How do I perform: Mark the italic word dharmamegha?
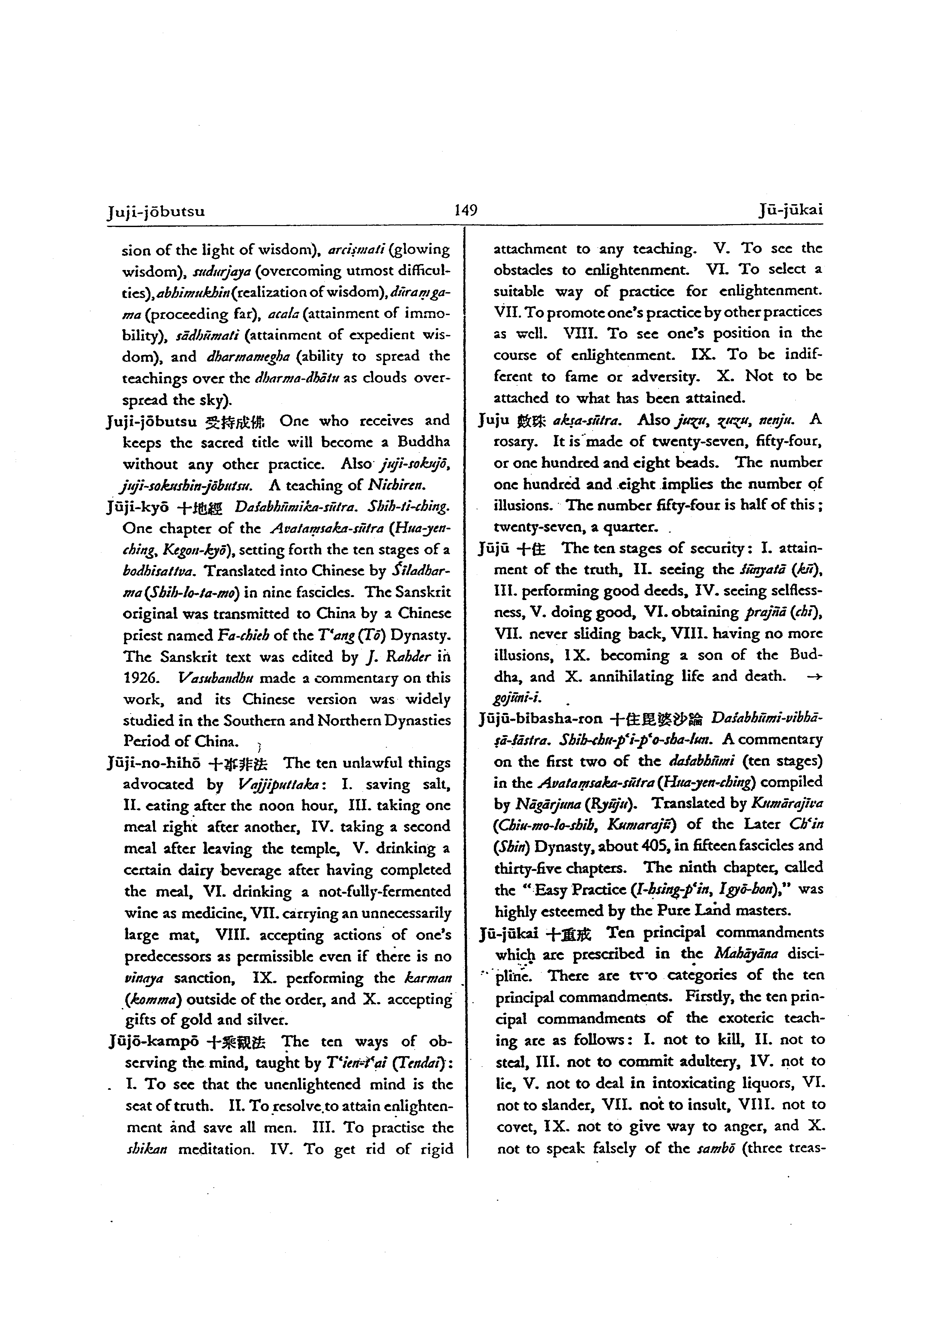(247, 356)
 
